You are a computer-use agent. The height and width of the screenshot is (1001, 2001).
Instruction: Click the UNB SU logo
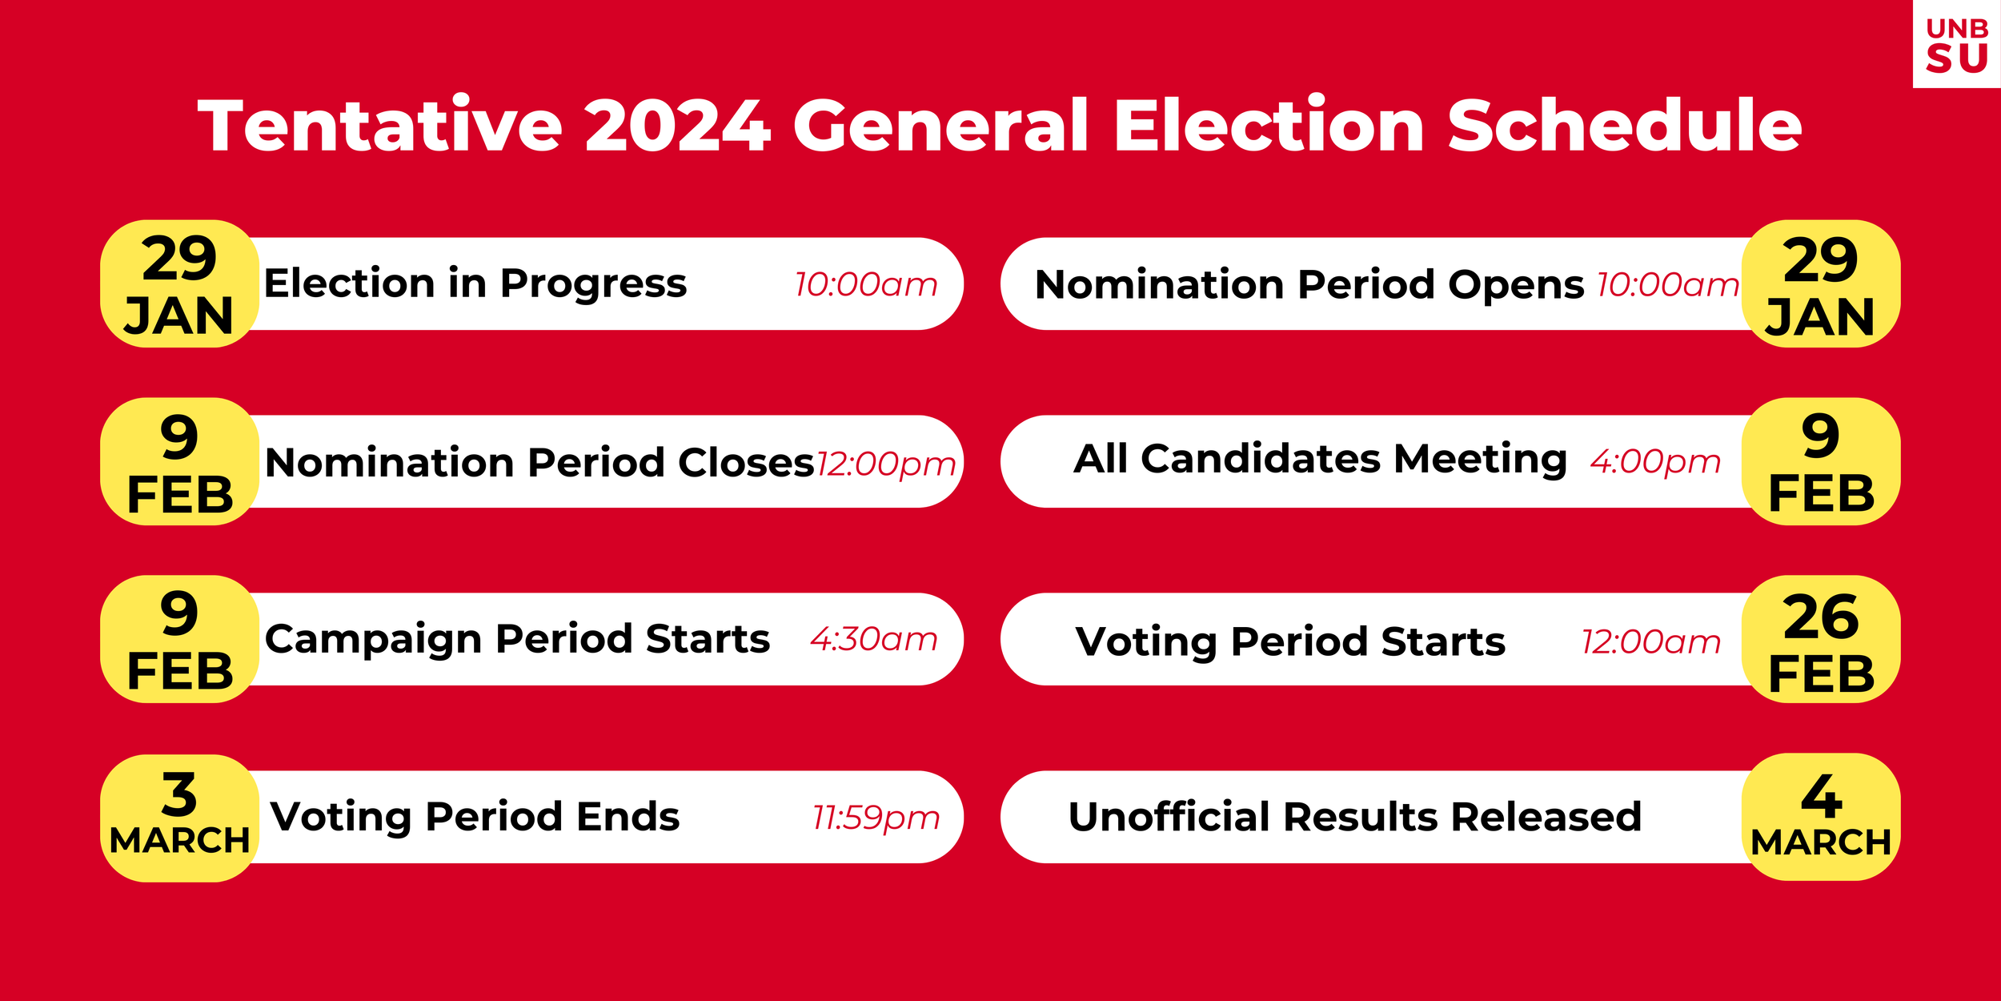pyautogui.click(x=1956, y=44)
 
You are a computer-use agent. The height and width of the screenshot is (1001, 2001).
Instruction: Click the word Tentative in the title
pyautogui.click(x=380, y=126)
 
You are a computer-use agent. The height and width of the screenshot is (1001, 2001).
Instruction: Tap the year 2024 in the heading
pyautogui.click(x=677, y=126)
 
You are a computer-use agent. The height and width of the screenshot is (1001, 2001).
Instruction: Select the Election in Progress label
pyautogui.click(x=475, y=283)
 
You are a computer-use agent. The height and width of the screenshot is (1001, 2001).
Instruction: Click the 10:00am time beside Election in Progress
pyautogui.click(x=865, y=284)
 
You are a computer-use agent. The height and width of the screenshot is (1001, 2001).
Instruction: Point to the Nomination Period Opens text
pyautogui.click(x=1309, y=284)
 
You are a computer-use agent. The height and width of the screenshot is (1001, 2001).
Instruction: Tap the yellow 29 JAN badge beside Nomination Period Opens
pyautogui.click(x=1820, y=284)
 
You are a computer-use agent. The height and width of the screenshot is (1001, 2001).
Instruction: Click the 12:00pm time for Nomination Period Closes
pyautogui.click(x=885, y=464)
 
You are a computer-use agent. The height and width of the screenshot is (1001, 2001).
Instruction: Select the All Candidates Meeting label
pyautogui.click(x=1320, y=460)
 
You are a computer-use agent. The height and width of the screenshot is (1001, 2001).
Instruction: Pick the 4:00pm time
pyautogui.click(x=1654, y=461)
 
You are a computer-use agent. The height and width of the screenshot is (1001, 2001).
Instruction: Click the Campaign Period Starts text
pyautogui.click(x=517, y=639)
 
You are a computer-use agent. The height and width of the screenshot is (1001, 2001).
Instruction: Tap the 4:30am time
pyautogui.click(x=873, y=639)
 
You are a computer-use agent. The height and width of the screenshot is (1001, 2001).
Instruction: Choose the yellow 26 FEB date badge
pyautogui.click(x=1820, y=640)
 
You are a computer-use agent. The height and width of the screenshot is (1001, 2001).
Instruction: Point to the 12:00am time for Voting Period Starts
pyautogui.click(x=1650, y=641)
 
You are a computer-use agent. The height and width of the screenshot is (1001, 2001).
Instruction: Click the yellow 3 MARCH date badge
pyautogui.click(x=179, y=817)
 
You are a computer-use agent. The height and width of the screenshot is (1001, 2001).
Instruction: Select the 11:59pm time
pyautogui.click(x=876, y=818)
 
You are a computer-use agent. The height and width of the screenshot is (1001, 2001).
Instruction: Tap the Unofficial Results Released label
pyautogui.click(x=1354, y=817)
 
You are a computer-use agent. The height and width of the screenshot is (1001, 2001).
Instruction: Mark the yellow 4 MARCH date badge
pyautogui.click(x=1820, y=817)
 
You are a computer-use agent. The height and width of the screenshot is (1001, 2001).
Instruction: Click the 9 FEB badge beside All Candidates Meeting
pyautogui.click(x=1820, y=462)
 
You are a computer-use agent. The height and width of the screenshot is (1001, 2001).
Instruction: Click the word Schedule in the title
pyautogui.click(x=1624, y=126)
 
